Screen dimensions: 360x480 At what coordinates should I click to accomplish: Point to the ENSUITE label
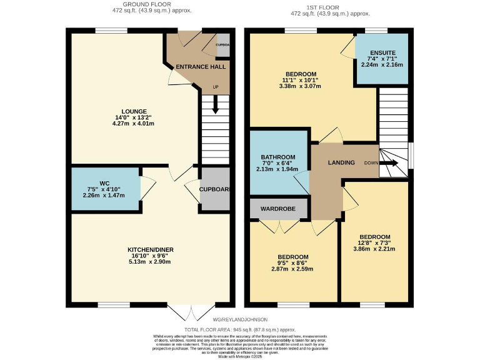click(x=382, y=53)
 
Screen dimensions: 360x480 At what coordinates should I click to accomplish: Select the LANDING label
click(x=341, y=162)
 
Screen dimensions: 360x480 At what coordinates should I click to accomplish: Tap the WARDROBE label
click(x=278, y=208)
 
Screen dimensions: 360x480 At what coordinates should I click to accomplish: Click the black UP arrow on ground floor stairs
click(x=216, y=107)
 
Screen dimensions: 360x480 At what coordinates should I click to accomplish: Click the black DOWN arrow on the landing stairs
click(x=391, y=163)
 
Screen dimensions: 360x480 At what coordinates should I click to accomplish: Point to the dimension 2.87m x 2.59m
click(x=292, y=269)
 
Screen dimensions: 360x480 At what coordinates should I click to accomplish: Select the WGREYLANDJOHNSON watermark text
click(x=239, y=319)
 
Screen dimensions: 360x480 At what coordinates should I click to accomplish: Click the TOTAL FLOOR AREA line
click(x=239, y=329)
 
